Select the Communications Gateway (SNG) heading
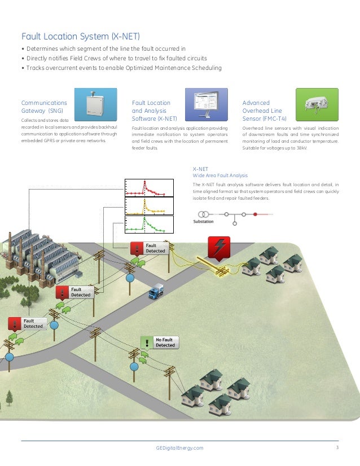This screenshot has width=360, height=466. click(x=44, y=107)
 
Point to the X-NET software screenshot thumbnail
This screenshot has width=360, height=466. click(x=207, y=105)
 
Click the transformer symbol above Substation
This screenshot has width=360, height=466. click(x=204, y=214)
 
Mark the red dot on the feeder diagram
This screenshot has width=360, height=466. click(x=255, y=214)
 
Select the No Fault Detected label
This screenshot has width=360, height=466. click(x=165, y=342)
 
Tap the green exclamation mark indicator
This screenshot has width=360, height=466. click(x=147, y=342)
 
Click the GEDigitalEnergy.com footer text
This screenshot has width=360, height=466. click(x=179, y=448)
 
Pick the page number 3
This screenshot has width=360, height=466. click(x=337, y=448)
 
